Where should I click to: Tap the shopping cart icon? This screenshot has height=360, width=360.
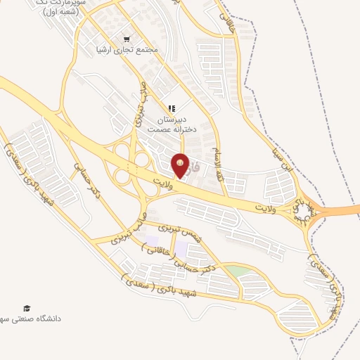(x=127, y=39)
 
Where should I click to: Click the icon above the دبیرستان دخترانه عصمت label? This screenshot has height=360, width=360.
(x=171, y=108)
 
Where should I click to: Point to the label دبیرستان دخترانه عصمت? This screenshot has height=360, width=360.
(x=168, y=125)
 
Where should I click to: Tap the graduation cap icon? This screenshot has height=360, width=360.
(x=27, y=308)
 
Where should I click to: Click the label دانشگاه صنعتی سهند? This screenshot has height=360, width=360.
(x=32, y=319)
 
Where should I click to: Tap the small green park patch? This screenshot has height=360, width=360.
(x=238, y=271)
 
